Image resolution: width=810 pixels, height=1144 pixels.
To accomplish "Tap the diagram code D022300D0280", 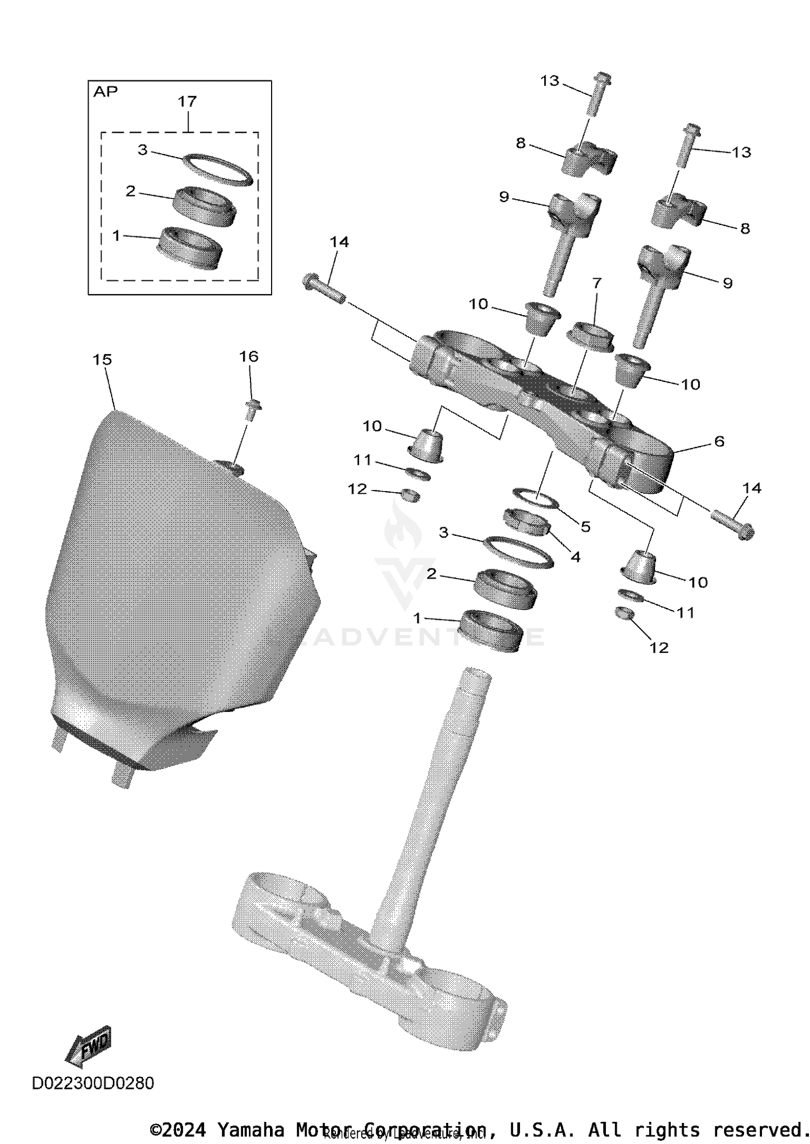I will tap(93, 1083).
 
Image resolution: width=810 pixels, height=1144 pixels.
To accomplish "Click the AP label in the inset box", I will tap(105, 92).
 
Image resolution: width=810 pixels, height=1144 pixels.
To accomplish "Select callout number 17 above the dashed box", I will tap(187, 101).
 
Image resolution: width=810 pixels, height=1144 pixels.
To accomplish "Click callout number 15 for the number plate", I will tap(103, 359).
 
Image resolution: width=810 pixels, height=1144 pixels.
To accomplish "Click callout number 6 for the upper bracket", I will tap(719, 441).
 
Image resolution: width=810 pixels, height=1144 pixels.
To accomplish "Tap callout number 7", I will tap(597, 283).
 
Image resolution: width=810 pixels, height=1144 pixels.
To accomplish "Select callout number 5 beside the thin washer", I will tap(585, 526).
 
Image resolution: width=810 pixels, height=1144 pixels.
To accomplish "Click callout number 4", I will tap(576, 556).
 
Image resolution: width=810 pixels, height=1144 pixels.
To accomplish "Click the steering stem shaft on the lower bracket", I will tap(432, 809).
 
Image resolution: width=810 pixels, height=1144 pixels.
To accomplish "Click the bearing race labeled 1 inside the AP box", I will tap(188, 248).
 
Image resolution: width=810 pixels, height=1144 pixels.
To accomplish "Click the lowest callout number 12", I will tap(659, 648).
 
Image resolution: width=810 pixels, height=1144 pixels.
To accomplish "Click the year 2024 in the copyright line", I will tap(184, 1129).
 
